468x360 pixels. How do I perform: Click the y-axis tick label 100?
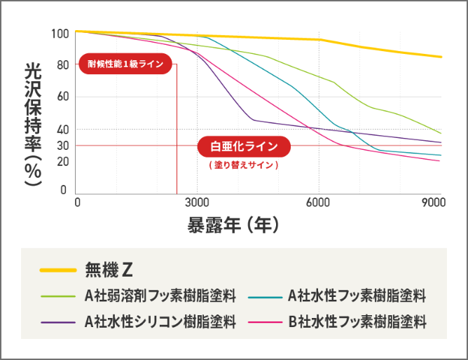(60, 34)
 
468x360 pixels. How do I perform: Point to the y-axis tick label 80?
(62, 65)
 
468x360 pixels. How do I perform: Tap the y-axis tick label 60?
(62, 97)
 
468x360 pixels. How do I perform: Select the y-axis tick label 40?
(62, 130)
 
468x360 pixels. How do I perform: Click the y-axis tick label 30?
(62, 146)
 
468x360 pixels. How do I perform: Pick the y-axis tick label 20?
(62, 162)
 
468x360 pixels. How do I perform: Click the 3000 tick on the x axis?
(196, 202)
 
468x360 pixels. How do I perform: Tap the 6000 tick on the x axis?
(318, 202)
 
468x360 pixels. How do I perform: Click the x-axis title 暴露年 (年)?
(234, 225)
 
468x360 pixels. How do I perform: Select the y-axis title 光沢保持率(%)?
(32, 125)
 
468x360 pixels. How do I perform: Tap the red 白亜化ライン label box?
(244, 146)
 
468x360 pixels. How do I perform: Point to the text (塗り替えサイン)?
(244, 165)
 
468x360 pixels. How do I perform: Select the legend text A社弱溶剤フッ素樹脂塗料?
(160, 296)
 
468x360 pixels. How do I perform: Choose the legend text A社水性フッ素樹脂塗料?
(357, 296)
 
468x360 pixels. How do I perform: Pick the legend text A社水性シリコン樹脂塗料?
(160, 321)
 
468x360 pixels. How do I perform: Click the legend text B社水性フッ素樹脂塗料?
(357, 321)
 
